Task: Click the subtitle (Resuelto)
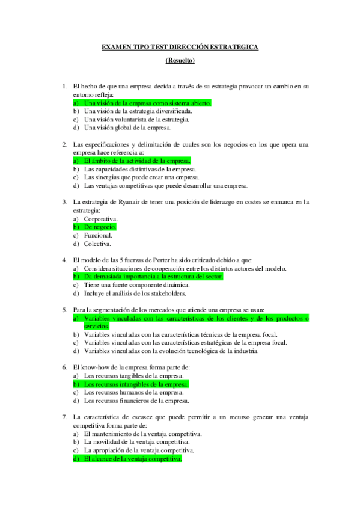coord(180,60)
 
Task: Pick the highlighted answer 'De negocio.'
coord(100,227)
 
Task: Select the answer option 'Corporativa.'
coord(101,219)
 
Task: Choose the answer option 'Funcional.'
coord(98,235)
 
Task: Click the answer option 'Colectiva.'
coord(98,244)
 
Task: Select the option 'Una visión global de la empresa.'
coord(128,127)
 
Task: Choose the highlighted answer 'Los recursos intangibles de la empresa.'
coord(136,384)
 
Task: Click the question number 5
coord(64,309)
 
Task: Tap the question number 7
coord(64,416)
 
